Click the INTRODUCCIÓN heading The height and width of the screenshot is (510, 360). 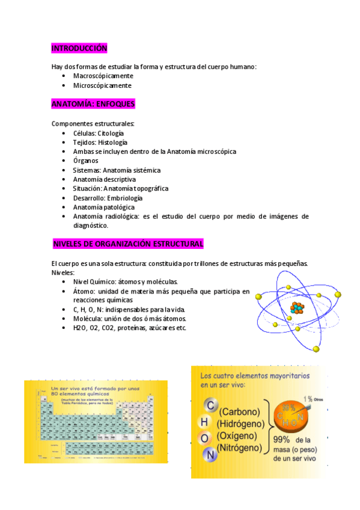click(79, 48)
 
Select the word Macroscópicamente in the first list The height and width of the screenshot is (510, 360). click(103, 76)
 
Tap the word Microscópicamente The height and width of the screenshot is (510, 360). click(102, 85)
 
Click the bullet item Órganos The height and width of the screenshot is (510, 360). click(85, 161)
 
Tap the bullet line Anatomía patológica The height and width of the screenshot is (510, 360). click(103, 207)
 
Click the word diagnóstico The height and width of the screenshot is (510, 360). click(91, 226)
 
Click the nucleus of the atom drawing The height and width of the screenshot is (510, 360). click(296, 309)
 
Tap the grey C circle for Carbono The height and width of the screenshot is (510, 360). click(209, 407)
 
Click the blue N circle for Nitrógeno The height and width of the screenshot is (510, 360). click(210, 455)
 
